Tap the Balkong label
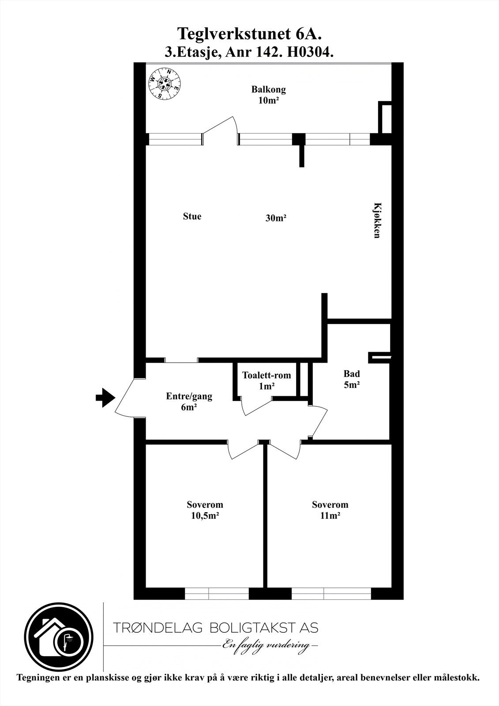tap(269, 90)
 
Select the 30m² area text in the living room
tap(276, 218)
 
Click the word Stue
tap(192, 216)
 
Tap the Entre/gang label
tap(189, 396)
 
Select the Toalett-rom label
tap(266, 376)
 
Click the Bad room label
tap(352, 374)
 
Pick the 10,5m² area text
tap(205, 516)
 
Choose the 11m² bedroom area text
tap(330, 516)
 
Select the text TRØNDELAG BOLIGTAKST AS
tap(215, 627)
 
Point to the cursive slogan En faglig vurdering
tap(268, 646)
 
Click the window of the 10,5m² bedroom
tap(217, 593)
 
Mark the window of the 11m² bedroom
tap(331, 593)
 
